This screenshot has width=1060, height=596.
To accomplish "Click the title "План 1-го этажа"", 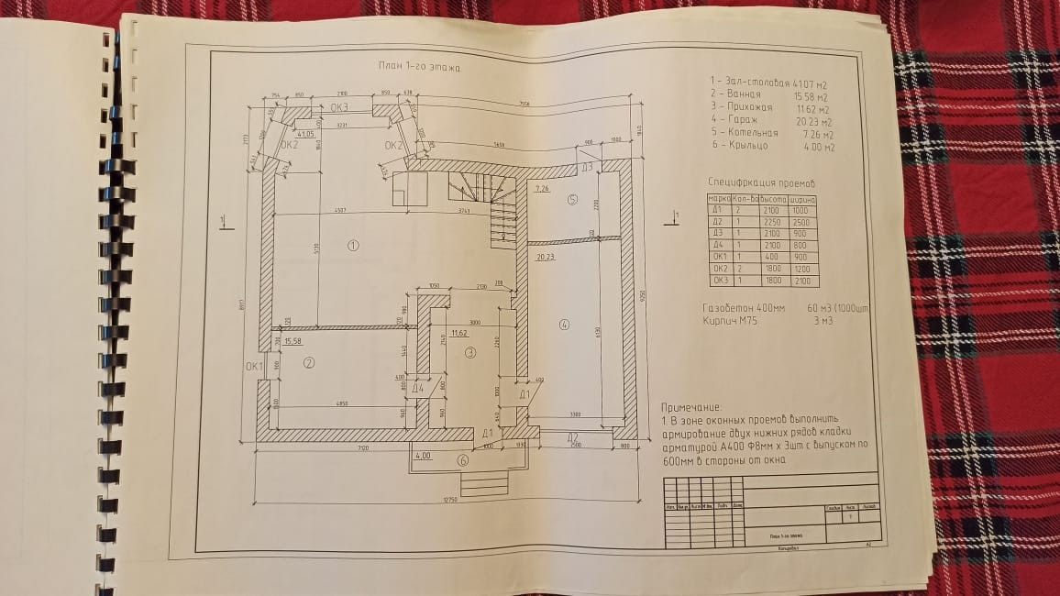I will pyautogui.click(x=419, y=68).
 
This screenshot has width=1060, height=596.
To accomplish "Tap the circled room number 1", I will pyautogui.click(x=352, y=245).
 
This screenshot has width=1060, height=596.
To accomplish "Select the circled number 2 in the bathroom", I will pyautogui.click(x=309, y=362).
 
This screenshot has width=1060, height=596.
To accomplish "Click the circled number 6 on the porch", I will pyautogui.click(x=463, y=461).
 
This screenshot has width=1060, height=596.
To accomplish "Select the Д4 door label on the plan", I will pyautogui.click(x=418, y=388).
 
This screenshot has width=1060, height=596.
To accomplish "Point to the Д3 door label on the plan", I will pyautogui.click(x=586, y=168).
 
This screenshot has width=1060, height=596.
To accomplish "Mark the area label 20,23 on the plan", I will pyautogui.click(x=547, y=258).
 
